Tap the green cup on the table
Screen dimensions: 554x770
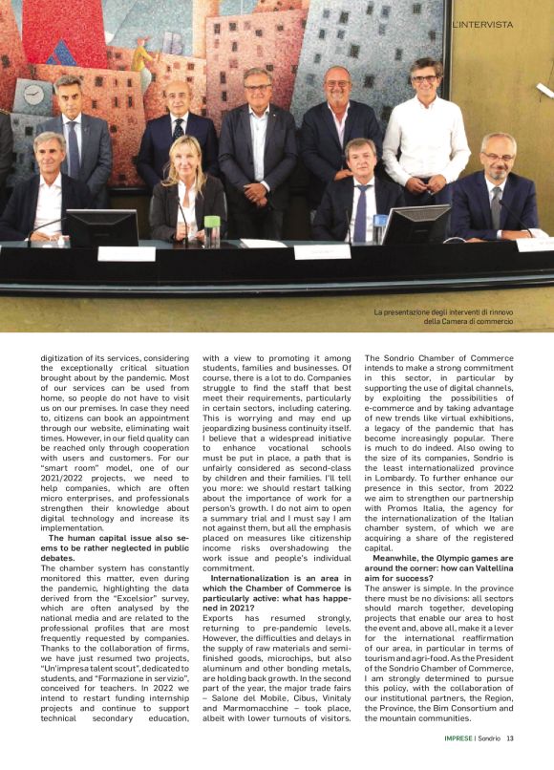pos(211,230)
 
